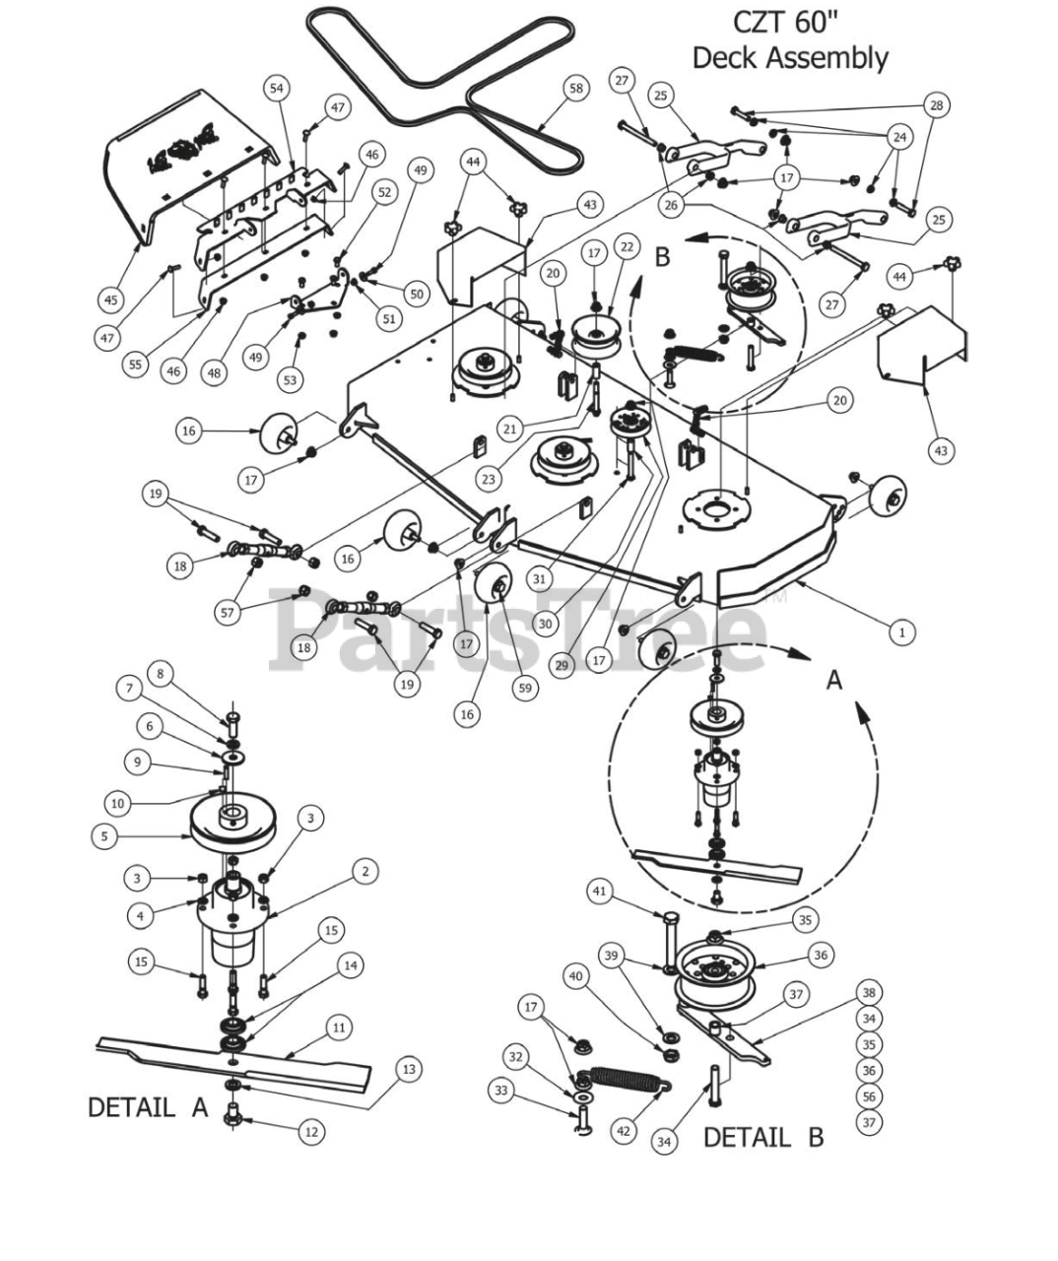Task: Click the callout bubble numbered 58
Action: coord(576,89)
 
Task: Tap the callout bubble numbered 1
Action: coord(902,632)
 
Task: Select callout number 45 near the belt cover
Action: coord(111,299)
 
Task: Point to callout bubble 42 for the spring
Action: coord(624,1131)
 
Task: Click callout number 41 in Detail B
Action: coord(600,891)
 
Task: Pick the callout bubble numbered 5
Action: coord(104,836)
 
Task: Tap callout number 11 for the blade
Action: coord(339,1028)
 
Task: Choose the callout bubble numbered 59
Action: coord(525,688)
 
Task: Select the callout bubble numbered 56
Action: coord(869,1096)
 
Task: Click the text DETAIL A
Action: coord(148,1107)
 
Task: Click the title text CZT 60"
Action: coord(786,23)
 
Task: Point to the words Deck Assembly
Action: coord(790,58)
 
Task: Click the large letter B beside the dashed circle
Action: coord(662,257)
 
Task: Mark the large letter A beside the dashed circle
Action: coord(834,680)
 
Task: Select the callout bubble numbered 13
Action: coord(409,1069)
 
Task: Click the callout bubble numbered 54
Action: coord(276,89)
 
